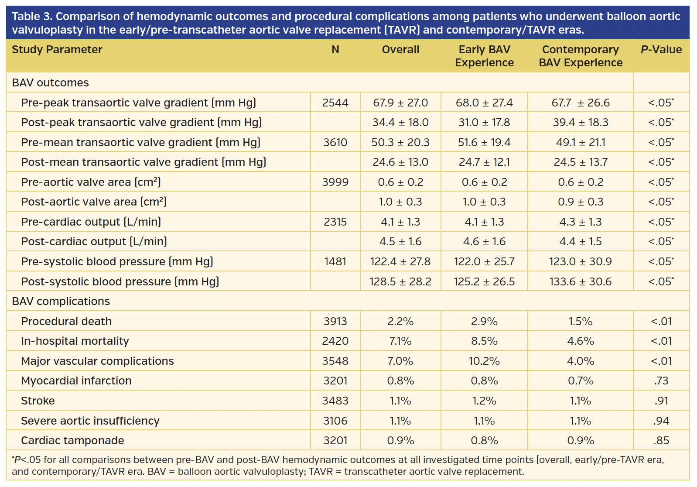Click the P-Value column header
point(661,50)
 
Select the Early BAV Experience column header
point(484,56)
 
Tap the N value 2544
point(335,103)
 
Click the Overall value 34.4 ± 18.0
point(400,123)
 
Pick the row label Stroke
point(38,401)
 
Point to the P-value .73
point(661,381)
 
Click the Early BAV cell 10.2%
point(484,361)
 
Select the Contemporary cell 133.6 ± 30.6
point(580,281)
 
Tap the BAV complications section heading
point(61,302)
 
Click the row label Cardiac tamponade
point(72,441)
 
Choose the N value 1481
point(335,262)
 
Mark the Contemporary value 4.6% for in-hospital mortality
point(580,341)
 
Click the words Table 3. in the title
point(32,17)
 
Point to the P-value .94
point(661,421)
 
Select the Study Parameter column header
point(57,50)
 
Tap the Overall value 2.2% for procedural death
point(400,322)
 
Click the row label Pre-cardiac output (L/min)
point(91,222)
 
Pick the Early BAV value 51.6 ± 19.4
point(484,143)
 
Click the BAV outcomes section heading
point(50,83)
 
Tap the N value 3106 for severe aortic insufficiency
point(335,421)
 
